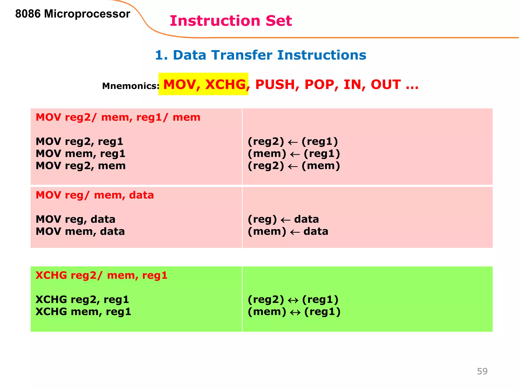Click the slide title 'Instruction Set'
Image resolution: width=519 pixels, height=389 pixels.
click(x=231, y=21)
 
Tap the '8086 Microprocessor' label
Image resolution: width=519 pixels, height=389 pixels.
click(x=72, y=14)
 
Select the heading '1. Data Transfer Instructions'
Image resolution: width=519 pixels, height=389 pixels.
click(x=261, y=55)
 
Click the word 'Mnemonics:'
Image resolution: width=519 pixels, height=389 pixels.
click(x=131, y=86)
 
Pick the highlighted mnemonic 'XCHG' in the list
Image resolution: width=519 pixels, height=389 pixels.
click(x=225, y=84)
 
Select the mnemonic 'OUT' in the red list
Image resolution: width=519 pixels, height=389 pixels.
click(x=386, y=84)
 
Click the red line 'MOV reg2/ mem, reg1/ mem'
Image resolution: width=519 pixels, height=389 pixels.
click(x=118, y=117)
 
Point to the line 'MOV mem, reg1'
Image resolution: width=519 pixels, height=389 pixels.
click(x=80, y=154)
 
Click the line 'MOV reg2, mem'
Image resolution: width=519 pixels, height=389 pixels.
click(x=80, y=166)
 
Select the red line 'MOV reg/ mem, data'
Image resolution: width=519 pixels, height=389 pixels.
click(x=95, y=195)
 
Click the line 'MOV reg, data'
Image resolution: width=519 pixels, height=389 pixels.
click(x=75, y=219)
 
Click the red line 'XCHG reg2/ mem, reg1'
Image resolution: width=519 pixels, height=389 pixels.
click(x=101, y=275)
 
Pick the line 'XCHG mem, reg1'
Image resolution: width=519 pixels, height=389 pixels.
click(x=83, y=312)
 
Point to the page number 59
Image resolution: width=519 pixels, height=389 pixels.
click(x=482, y=371)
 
